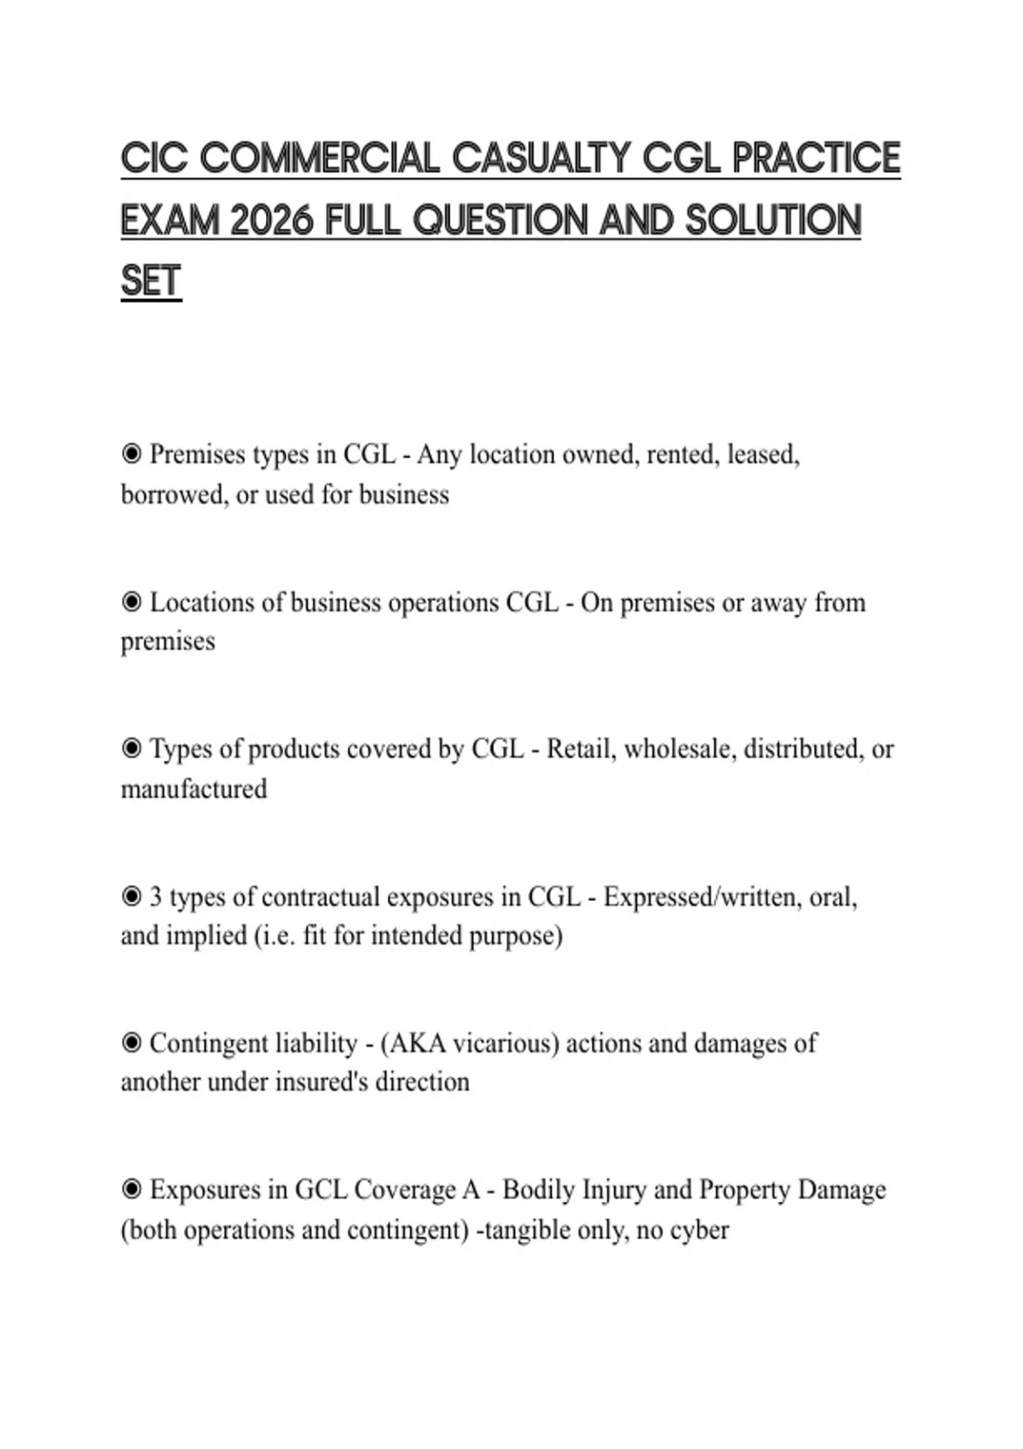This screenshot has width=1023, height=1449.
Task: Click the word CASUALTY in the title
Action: (x=540, y=159)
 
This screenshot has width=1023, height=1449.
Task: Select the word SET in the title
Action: (x=151, y=282)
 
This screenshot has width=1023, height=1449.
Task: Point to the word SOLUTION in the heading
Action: (x=773, y=221)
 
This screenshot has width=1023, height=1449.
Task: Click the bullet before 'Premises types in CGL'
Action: (x=131, y=453)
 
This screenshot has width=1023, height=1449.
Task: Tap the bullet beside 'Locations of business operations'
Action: (x=131, y=602)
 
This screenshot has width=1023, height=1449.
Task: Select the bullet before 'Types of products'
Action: (x=131, y=748)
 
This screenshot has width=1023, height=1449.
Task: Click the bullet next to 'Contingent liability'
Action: (x=131, y=1042)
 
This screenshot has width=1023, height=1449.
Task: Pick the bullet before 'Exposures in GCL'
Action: (x=131, y=1189)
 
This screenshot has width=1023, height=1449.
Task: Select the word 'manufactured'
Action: (x=194, y=789)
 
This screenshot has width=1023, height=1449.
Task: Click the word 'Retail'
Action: (x=581, y=748)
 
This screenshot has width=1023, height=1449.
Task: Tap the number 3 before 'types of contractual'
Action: (x=156, y=897)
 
